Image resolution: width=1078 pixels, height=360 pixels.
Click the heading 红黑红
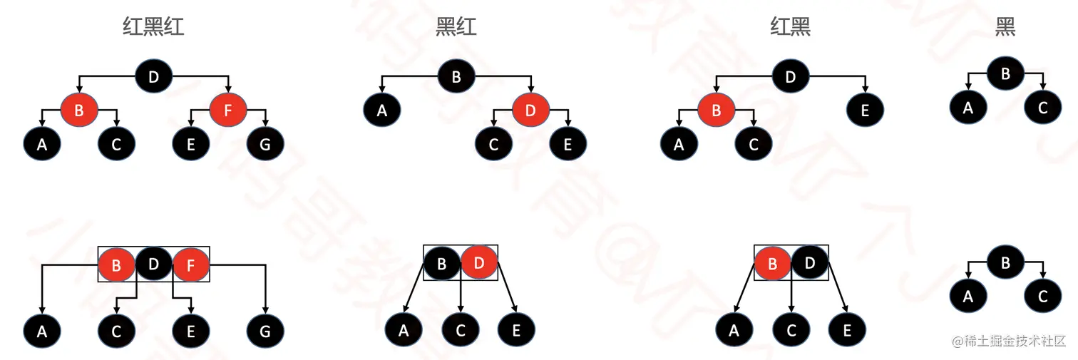pyautogui.click(x=153, y=27)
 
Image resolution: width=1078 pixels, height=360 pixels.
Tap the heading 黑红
pyautogui.click(x=456, y=27)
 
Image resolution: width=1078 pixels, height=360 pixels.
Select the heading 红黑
pyautogui.click(x=790, y=27)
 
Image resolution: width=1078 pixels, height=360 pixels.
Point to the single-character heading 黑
pyautogui.click(x=1005, y=27)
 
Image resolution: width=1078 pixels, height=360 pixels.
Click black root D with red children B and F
pyautogui.click(x=153, y=76)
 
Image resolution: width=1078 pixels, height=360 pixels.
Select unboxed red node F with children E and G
pyautogui.click(x=228, y=110)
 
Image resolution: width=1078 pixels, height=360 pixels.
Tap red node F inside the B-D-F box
pyautogui.click(x=191, y=264)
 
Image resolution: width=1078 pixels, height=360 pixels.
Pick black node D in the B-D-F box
pyautogui.click(x=154, y=264)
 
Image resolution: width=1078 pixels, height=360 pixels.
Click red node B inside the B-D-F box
pyautogui.click(x=117, y=264)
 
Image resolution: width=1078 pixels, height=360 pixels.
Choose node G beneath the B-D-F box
pyautogui.click(x=265, y=331)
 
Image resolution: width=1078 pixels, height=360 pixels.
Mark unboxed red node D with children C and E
pyautogui.click(x=530, y=110)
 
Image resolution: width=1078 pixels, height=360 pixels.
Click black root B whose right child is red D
pyautogui.click(x=456, y=76)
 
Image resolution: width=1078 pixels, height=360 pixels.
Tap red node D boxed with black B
pyautogui.click(x=479, y=263)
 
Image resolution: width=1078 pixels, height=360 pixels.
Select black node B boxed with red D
pyautogui.click(x=442, y=263)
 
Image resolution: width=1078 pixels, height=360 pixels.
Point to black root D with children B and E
pyautogui.click(x=790, y=76)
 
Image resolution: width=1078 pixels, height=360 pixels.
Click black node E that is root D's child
pyautogui.click(x=865, y=110)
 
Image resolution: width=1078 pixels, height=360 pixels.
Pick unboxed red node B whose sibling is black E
pyautogui.click(x=716, y=110)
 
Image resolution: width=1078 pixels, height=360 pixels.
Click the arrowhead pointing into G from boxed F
pyautogui.click(x=265, y=310)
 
